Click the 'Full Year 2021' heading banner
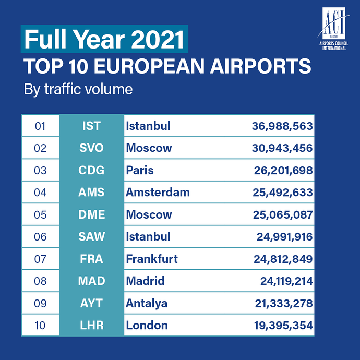[104, 40]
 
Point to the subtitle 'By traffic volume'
[78, 89]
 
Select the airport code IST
[91, 126]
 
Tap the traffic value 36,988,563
[281, 126]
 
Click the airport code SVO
[91, 148]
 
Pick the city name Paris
[140, 171]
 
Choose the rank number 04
[40, 193]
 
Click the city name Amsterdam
[158, 193]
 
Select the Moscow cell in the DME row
[149, 214]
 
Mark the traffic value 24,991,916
[284, 237]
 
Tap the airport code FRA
[91, 259]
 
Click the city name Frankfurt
[152, 259]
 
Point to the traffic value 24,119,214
[286, 281]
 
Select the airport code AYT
[91, 303]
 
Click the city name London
[147, 326]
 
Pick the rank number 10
[40, 326]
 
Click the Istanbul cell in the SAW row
[148, 237]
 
